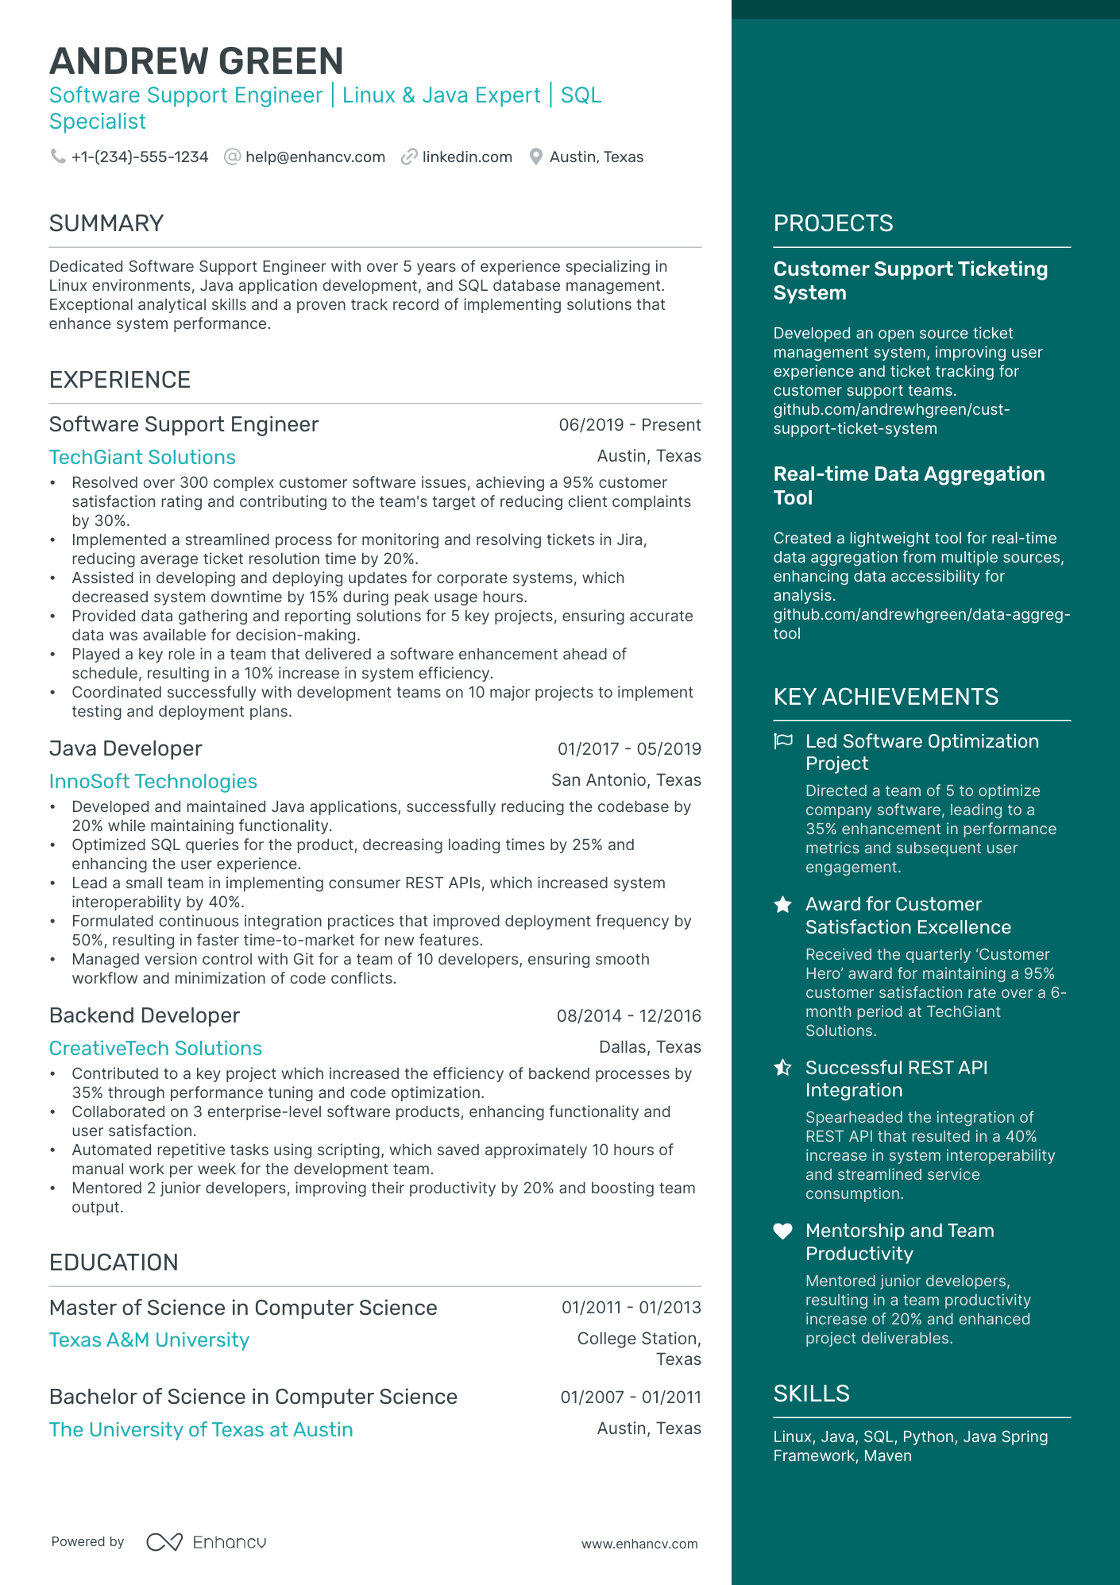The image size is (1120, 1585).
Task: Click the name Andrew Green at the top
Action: pyautogui.click(x=196, y=61)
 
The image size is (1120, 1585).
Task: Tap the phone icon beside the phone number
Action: pyautogui.click(x=58, y=157)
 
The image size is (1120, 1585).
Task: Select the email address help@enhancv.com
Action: pyautogui.click(x=315, y=157)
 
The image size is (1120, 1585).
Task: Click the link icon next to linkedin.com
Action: pyautogui.click(x=409, y=157)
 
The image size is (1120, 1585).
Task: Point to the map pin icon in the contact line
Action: pyautogui.click(x=536, y=157)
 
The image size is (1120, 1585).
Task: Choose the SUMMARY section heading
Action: pyautogui.click(x=106, y=223)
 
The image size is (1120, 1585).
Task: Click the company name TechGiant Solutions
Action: pyautogui.click(x=142, y=458)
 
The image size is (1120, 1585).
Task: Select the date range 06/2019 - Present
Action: pyautogui.click(x=629, y=425)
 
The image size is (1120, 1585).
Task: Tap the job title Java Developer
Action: pyautogui.click(x=126, y=748)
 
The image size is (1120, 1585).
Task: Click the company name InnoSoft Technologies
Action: pyautogui.click(x=153, y=782)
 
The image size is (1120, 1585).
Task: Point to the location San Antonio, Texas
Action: pyautogui.click(x=626, y=780)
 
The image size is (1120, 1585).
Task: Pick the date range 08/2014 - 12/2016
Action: pyautogui.click(x=628, y=1015)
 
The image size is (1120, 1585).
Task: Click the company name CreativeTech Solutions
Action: pyautogui.click(x=156, y=1049)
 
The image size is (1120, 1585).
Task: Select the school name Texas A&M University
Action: pyautogui.click(x=149, y=1340)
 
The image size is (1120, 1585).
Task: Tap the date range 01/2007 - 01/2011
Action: pyautogui.click(x=630, y=1397)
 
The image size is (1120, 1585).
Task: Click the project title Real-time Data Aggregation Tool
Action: pyautogui.click(x=909, y=485)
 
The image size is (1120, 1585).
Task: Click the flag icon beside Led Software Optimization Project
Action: pyautogui.click(x=783, y=741)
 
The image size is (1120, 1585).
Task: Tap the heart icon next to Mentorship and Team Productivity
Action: pyautogui.click(x=783, y=1231)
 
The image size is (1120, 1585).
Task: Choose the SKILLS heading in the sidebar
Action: pyautogui.click(x=811, y=1394)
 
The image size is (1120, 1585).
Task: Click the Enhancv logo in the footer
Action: pyautogui.click(x=207, y=1542)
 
